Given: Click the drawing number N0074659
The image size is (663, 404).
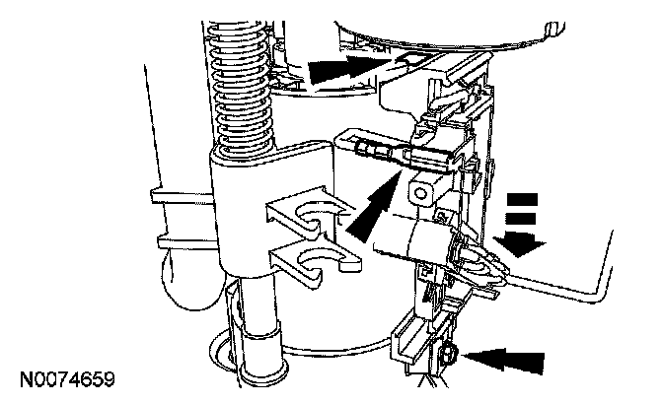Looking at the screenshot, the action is pyautogui.click(x=67, y=379).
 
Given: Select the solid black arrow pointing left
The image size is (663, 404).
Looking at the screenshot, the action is pyautogui.click(x=503, y=360).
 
